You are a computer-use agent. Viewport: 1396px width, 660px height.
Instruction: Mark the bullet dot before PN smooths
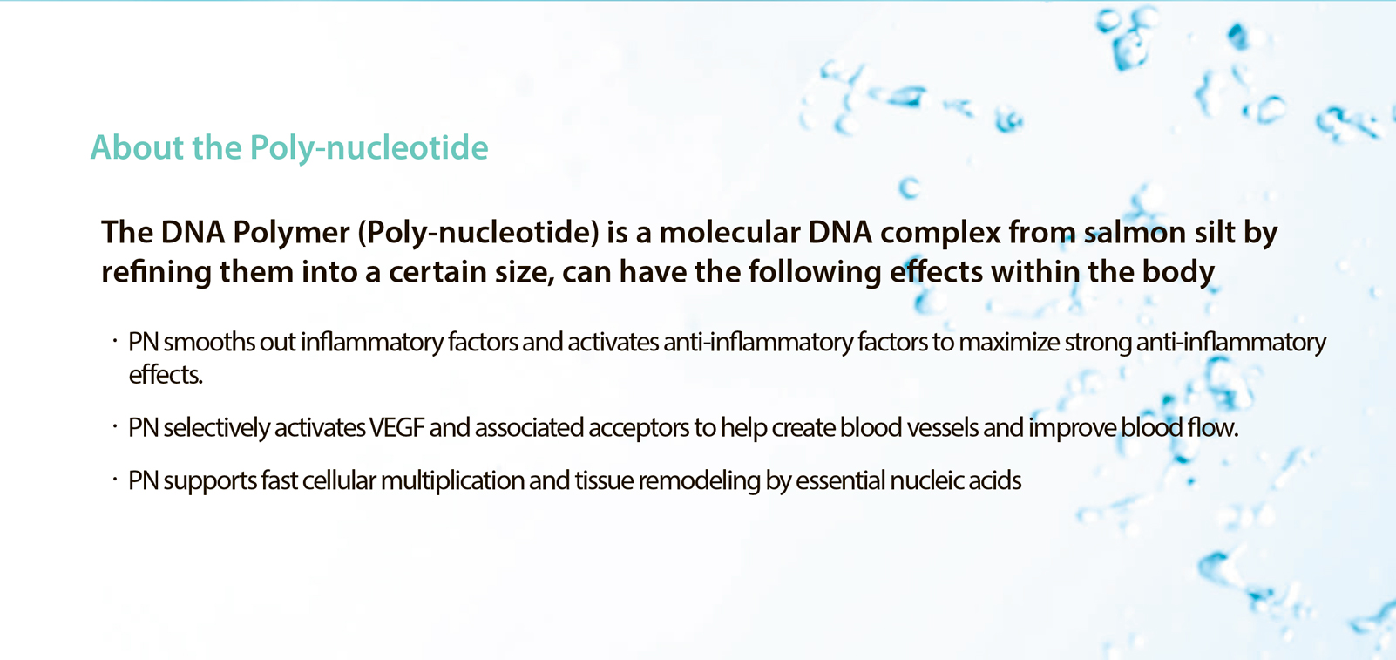pos(115,341)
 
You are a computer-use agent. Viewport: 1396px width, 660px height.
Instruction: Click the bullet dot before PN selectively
pos(115,426)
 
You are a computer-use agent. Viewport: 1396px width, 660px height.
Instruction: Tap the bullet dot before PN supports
pos(115,480)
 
